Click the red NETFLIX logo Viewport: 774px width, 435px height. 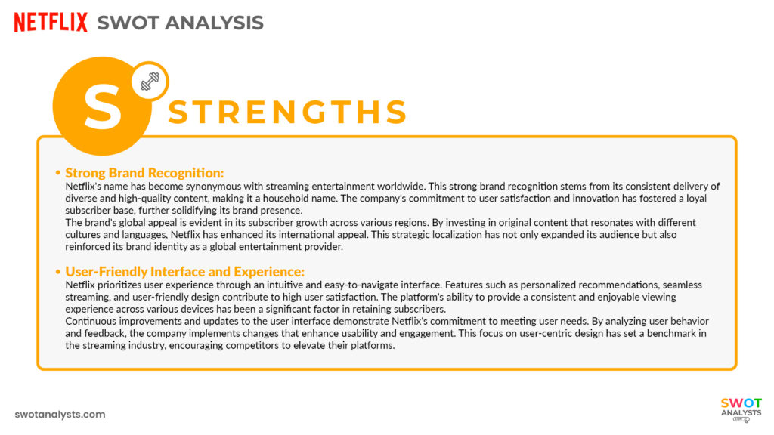coord(51,23)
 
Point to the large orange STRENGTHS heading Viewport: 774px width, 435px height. coord(287,113)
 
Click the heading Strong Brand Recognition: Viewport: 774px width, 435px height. coord(144,173)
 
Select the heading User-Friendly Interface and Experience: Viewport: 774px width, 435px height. coord(184,272)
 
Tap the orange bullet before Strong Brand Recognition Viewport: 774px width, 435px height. coord(58,174)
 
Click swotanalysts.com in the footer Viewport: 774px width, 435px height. coord(60,415)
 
